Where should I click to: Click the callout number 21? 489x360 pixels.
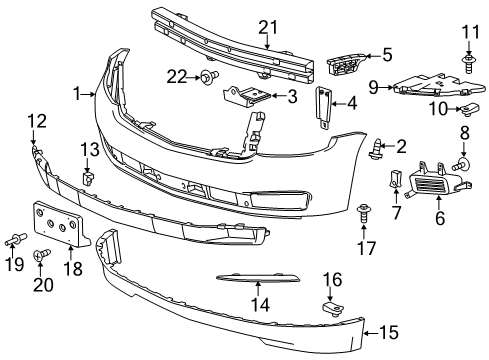[x=269, y=28]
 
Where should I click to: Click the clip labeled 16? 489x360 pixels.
[x=332, y=300]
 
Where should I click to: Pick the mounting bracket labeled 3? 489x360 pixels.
[x=251, y=97]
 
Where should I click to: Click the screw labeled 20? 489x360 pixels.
[x=43, y=256]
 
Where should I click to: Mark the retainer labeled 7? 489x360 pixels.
[x=394, y=181]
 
